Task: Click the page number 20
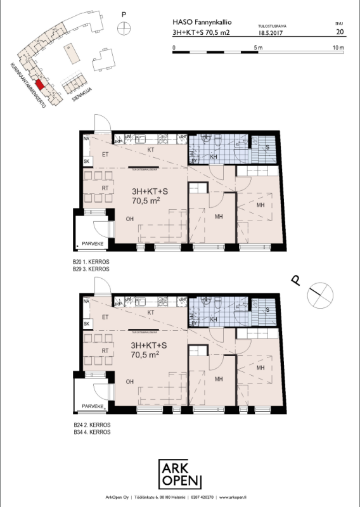(x=340, y=30)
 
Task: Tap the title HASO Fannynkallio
(x=198, y=20)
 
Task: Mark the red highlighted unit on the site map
(x=39, y=84)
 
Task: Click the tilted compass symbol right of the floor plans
(x=316, y=295)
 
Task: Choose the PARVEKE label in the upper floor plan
(x=93, y=242)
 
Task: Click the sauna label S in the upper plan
(x=268, y=147)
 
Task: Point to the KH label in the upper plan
(x=214, y=156)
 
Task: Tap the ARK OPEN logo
(x=180, y=474)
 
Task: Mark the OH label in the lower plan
(x=130, y=382)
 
